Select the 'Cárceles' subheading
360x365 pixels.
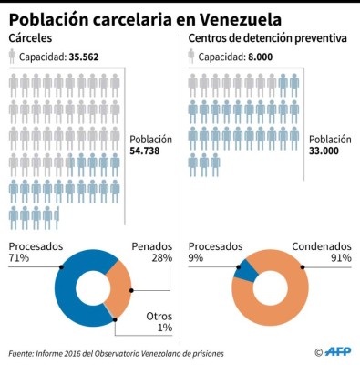click(31, 38)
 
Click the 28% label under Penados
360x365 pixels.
click(160, 260)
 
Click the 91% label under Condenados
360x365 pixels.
click(340, 260)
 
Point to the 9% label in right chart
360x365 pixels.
click(195, 260)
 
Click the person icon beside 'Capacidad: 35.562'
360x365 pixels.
click(11, 57)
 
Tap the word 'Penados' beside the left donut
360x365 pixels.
click(151, 246)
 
